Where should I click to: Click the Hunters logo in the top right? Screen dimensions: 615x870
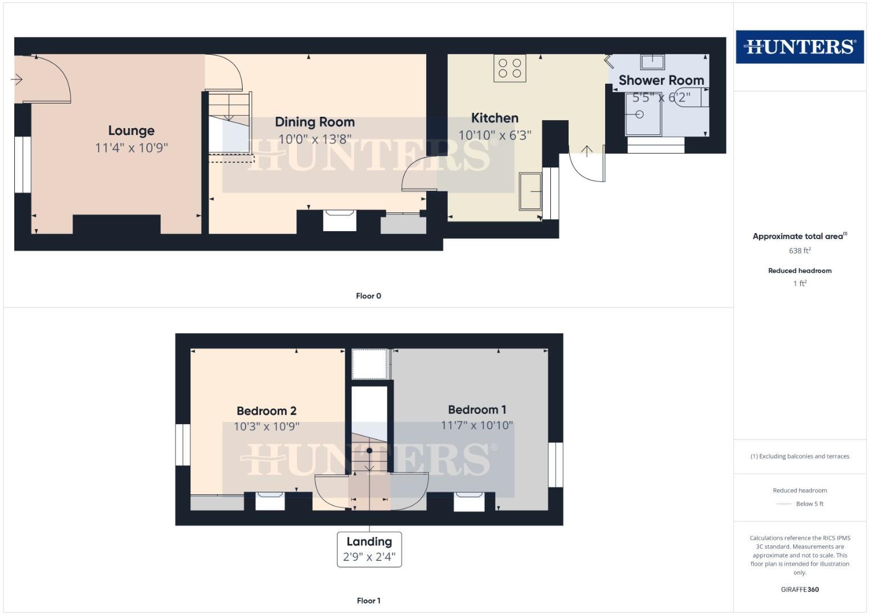point(799,47)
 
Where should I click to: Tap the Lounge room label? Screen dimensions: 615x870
point(131,130)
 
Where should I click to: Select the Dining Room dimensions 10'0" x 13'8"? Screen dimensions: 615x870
point(314,139)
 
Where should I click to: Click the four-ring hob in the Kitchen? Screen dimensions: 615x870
point(510,68)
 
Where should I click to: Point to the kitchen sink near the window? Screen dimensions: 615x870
point(530,192)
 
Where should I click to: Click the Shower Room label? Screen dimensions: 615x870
point(661,80)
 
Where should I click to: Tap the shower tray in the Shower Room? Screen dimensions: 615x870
point(643,114)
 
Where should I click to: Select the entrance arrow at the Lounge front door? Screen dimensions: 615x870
point(17,79)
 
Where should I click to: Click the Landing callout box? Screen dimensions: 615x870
point(369,549)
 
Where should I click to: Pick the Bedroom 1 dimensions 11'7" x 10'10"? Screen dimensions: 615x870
point(477,425)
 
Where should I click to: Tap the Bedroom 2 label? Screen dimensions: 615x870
point(266,411)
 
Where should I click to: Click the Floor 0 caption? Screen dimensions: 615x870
point(369,296)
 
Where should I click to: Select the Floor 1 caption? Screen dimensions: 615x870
point(369,600)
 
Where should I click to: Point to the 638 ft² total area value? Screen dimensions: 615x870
point(799,251)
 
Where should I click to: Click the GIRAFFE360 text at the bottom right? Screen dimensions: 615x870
point(799,589)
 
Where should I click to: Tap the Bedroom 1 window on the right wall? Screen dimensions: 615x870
point(556,465)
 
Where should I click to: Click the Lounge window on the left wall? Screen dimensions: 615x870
point(23,164)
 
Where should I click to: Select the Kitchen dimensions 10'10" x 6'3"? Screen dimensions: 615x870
point(495,136)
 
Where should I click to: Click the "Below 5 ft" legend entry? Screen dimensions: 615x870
point(809,503)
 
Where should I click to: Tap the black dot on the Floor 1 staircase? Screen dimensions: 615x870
point(369,450)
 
